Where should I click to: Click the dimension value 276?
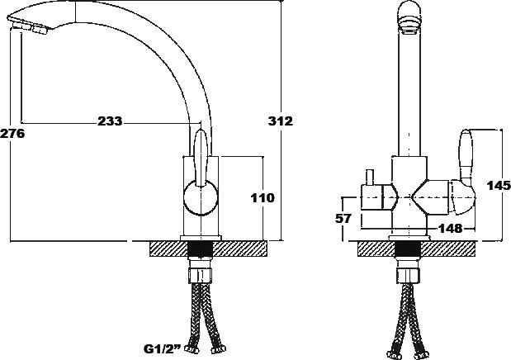click(x=12, y=133)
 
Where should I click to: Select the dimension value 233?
click(x=110, y=121)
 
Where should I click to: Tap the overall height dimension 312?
click(x=282, y=121)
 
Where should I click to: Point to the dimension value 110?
click(x=263, y=198)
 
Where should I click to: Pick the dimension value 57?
click(x=345, y=219)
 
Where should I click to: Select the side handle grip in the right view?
click(x=465, y=157)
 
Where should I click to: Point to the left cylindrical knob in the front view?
click(x=376, y=199)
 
